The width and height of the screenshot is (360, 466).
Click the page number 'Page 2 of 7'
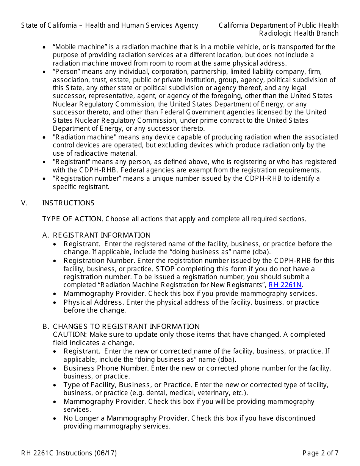[320, 453]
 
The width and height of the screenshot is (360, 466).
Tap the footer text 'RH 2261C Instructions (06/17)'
[69, 453]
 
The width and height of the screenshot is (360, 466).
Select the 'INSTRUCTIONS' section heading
[68, 203]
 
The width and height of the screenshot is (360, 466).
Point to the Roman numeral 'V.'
[25, 203]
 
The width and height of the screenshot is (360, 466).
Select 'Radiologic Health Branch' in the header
[299, 33]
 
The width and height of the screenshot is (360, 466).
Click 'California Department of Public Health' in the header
[279, 25]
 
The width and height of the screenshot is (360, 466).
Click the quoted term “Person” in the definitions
[66, 72]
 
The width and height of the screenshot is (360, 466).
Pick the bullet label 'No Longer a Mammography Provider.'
[126, 418]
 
